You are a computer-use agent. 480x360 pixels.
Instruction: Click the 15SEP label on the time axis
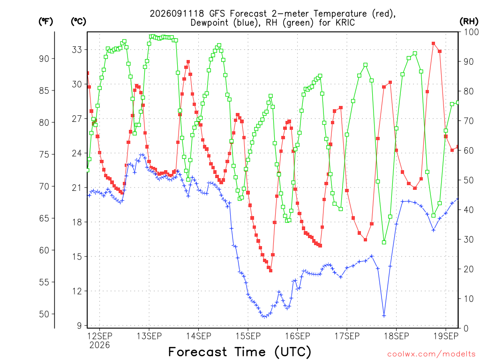click(248, 336)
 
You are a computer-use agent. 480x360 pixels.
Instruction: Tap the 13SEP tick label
click(149, 336)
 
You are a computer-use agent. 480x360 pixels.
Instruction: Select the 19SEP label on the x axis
click(446, 336)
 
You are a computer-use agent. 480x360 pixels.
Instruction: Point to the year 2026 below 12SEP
click(99, 345)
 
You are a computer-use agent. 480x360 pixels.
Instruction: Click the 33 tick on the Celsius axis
click(77, 50)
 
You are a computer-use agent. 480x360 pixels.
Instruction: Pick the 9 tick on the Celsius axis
click(80, 326)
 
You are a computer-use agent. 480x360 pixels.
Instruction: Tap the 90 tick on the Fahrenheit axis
click(44, 59)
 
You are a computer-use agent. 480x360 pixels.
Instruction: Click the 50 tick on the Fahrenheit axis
click(44, 314)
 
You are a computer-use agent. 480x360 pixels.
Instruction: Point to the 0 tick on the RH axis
click(466, 329)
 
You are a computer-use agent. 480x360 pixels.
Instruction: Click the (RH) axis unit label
click(469, 21)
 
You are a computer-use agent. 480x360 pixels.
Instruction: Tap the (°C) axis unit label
click(78, 21)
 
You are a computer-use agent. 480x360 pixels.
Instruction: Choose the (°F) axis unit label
click(45, 21)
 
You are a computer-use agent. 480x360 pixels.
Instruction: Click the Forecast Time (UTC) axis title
click(240, 352)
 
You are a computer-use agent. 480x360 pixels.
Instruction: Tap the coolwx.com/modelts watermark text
click(431, 354)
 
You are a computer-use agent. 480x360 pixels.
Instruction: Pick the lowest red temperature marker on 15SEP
click(270, 270)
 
